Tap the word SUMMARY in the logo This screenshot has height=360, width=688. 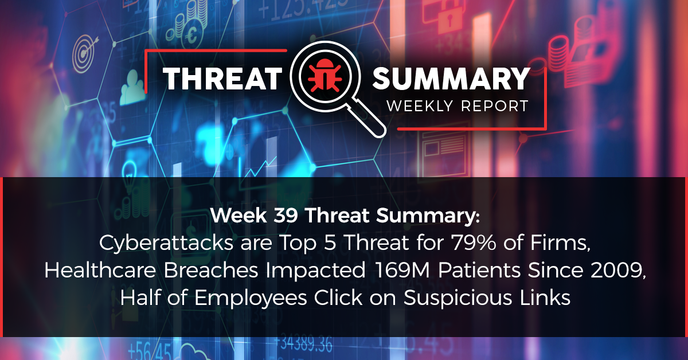(451, 79)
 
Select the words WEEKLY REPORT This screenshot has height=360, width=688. (456, 106)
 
